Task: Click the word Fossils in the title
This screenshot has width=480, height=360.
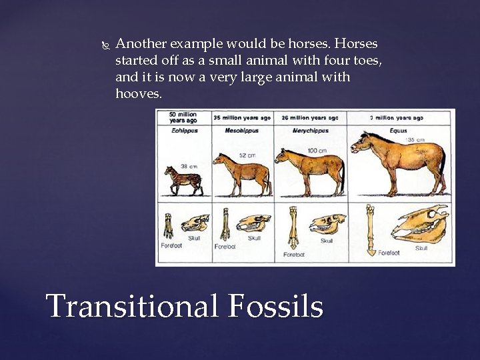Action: click(x=276, y=306)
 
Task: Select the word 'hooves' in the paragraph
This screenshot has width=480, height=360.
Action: click(x=137, y=94)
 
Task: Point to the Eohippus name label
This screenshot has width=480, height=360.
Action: click(x=184, y=131)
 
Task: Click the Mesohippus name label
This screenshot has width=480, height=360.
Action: click(x=241, y=131)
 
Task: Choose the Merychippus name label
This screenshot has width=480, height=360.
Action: click(x=311, y=131)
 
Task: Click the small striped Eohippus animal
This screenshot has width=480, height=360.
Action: click(x=184, y=181)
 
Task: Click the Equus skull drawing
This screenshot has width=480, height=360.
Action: click(x=420, y=223)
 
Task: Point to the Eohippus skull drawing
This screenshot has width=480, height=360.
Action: click(x=195, y=223)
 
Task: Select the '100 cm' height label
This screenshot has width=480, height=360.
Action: click(x=317, y=151)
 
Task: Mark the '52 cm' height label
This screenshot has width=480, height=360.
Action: click(x=247, y=155)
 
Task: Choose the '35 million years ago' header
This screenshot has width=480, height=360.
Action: click(x=242, y=117)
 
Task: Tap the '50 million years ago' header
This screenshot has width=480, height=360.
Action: click(x=183, y=117)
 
